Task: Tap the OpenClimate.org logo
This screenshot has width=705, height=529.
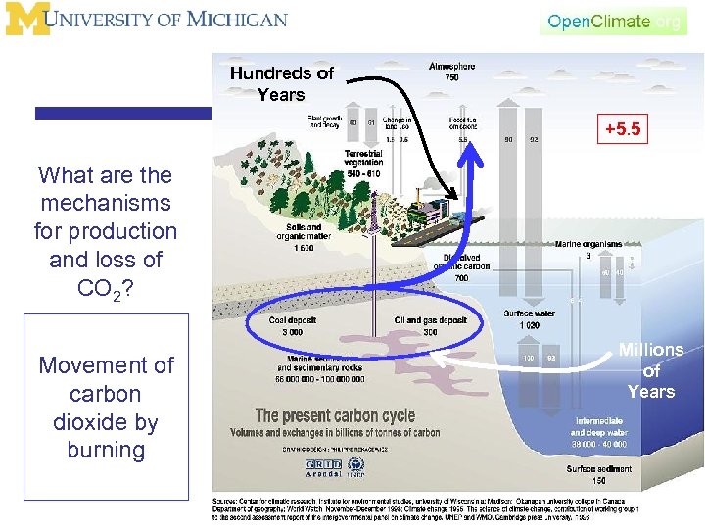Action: pos(614,22)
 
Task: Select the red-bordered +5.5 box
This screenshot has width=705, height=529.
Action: pos(624,128)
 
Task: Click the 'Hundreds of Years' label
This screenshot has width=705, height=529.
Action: pos(281,83)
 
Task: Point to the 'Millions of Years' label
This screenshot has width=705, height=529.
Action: pos(651,370)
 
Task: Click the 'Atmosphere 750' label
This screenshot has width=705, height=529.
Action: pos(451,72)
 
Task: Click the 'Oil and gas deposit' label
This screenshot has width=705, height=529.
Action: pos(431,326)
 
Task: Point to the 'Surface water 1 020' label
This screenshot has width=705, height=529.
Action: pos(529,319)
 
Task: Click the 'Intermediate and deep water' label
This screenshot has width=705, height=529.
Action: pos(597,434)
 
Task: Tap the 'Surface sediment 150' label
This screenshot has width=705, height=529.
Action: pos(598,475)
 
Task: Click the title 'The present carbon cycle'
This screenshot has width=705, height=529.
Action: pos(335,416)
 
